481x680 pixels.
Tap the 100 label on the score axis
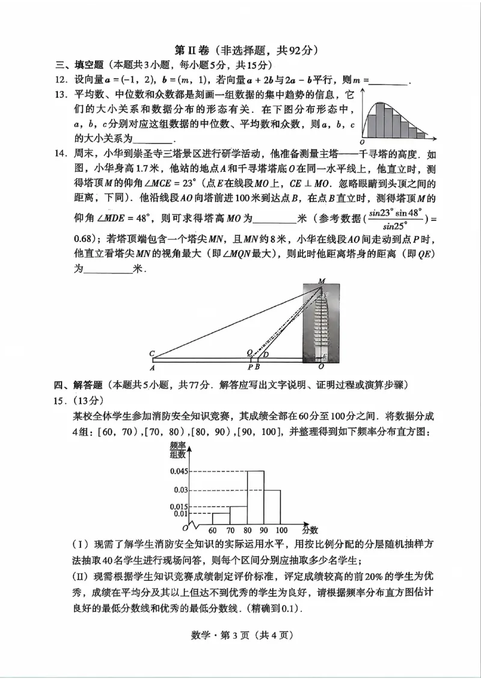281,530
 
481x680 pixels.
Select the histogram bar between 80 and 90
256,497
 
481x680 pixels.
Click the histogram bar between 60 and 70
221,518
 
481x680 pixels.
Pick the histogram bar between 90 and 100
272,506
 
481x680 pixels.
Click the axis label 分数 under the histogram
310,530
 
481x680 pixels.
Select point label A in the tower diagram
153,368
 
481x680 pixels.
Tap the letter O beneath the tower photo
321,366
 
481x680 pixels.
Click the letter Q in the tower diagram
250,353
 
